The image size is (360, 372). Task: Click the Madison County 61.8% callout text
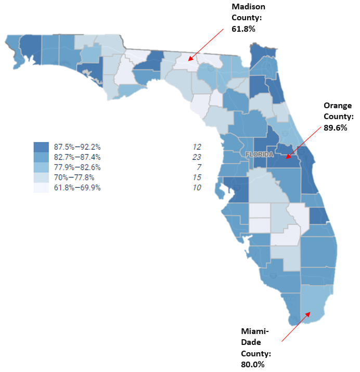(x=249, y=18)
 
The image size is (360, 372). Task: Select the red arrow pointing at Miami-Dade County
(x=297, y=326)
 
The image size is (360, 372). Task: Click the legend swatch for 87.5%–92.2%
(x=41, y=147)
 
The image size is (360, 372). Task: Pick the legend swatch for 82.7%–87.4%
(x=41, y=157)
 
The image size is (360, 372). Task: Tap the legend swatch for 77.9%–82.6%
(x=41, y=168)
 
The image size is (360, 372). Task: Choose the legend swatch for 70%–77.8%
(x=41, y=177)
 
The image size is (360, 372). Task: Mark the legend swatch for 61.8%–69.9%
(x=41, y=188)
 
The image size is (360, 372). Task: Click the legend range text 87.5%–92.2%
(x=78, y=147)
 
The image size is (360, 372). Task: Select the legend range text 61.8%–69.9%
(x=78, y=188)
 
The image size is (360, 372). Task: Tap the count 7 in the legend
(x=198, y=168)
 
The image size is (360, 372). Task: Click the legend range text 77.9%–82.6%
(x=78, y=168)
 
